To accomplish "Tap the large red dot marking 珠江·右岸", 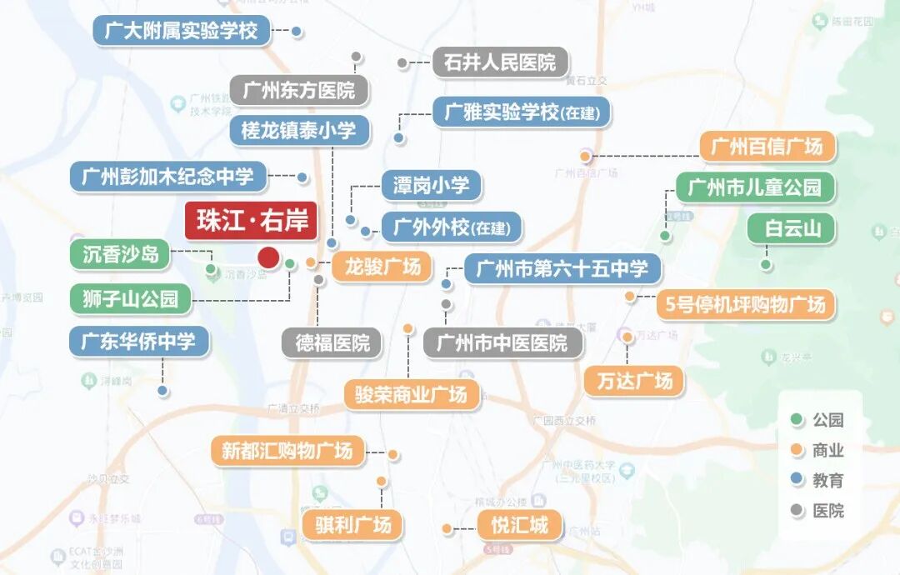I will click(x=268, y=258).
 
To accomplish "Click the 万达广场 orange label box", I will click(x=633, y=381).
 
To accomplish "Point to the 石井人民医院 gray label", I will click(x=500, y=62).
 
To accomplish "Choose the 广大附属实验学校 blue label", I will click(x=181, y=32).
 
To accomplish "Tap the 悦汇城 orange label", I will click(x=519, y=526).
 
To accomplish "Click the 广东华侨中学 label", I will click(x=138, y=342).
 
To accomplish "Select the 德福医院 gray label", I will click(x=332, y=342).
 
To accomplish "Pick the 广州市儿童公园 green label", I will click(x=754, y=187).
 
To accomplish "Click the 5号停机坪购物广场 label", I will click(x=745, y=304).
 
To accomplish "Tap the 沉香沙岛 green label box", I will click(x=121, y=254).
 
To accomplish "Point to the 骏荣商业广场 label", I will click(x=412, y=394).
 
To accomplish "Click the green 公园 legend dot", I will click(x=797, y=420).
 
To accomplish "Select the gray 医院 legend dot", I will click(x=797, y=510).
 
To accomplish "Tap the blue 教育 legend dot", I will click(x=797, y=480).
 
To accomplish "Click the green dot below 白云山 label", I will click(x=766, y=265).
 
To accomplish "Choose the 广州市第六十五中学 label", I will click(x=562, y=269).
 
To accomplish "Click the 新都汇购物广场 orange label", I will click(x=287, y=452).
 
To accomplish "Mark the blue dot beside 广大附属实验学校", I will click(x=296, y=32).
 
